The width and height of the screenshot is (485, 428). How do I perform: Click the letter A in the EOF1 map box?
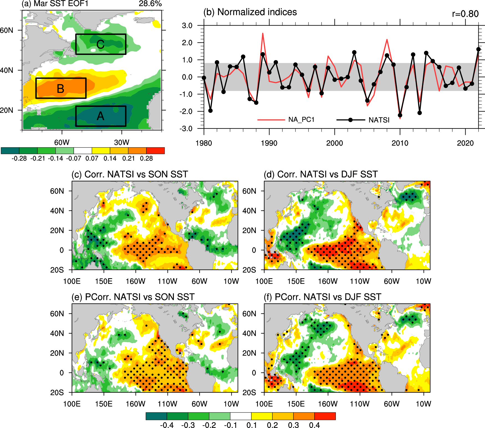[x=100, y=116]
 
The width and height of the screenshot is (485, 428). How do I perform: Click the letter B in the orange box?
[x=60, y=89]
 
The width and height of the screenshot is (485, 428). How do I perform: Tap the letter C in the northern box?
[x=100, y=44]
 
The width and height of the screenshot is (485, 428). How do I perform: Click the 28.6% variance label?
[x=150, y=4]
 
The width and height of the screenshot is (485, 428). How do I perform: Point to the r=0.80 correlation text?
[x=465, y=14]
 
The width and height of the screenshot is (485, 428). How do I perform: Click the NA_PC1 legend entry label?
[x=301, y=120]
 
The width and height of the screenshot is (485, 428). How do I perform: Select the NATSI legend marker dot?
[x=350, y=120]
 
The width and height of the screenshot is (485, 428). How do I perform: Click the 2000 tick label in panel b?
[x=335, y=143]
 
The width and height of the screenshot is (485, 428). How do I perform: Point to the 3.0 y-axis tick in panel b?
[x=187, y=26]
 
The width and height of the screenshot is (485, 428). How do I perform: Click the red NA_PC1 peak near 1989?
[x=263, y=34]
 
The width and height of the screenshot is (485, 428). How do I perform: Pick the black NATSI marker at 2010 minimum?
[x=400, y=115]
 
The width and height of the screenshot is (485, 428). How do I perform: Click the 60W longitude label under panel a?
[x=62, y=142]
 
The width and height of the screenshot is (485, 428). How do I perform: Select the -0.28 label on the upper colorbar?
[x=19, y=158]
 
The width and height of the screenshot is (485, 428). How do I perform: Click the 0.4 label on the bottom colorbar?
[x=314, y=425]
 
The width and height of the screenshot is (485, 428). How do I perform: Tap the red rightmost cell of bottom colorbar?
[x=325, y=416]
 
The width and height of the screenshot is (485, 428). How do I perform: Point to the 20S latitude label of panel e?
[x=57, y=392]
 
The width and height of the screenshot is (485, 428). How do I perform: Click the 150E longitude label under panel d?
[x=296, y=281]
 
